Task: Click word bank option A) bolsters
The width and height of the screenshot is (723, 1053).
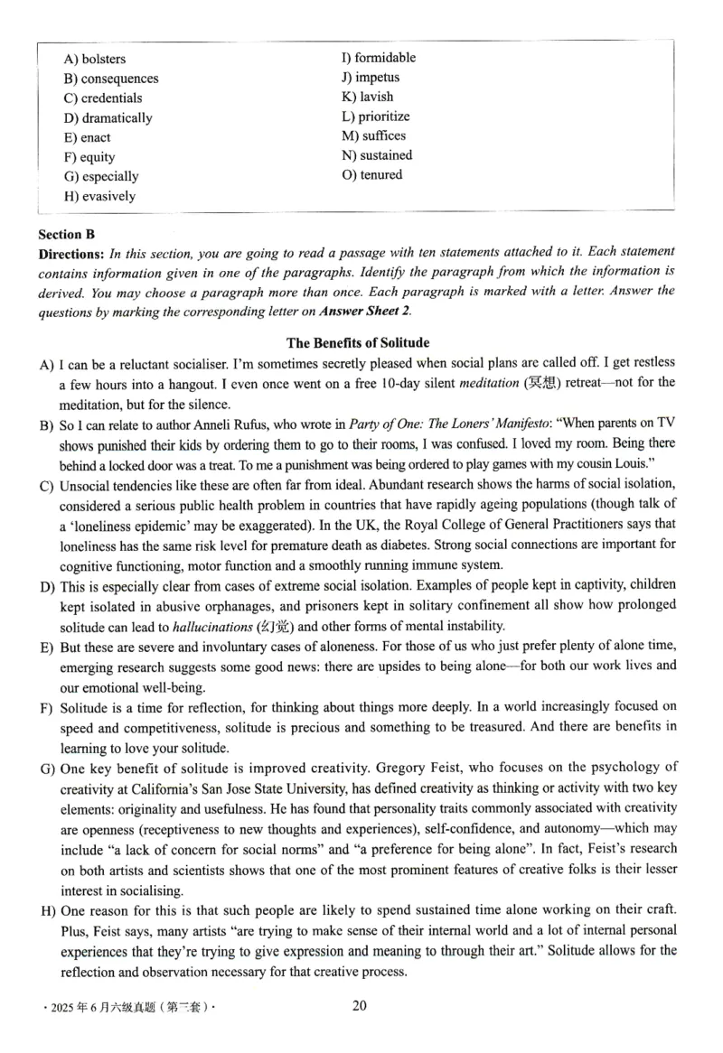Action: click(x=95, y=59)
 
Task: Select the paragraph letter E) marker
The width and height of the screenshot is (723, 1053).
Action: click(x=47, y=648)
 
